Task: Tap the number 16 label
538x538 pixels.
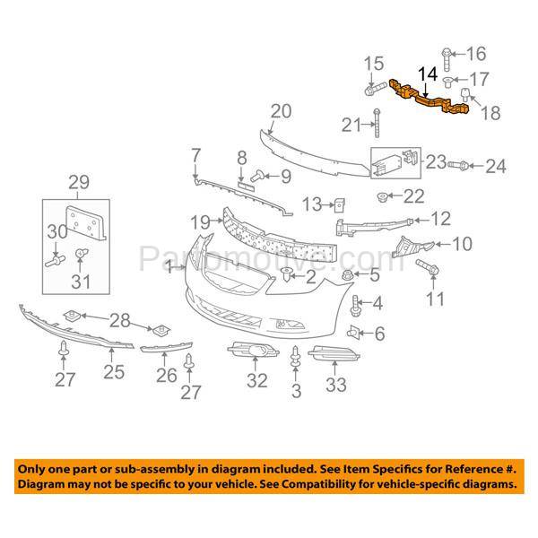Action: coord(475,52)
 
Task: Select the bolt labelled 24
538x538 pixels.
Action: coord(453,165)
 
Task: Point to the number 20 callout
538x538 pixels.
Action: coord(281,111)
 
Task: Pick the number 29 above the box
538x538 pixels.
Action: coord(79,185)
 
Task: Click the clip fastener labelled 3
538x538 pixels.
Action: coord(295,356)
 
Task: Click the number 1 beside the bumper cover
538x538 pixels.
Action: coord(168,266)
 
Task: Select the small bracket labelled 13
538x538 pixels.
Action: coord(339,205)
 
